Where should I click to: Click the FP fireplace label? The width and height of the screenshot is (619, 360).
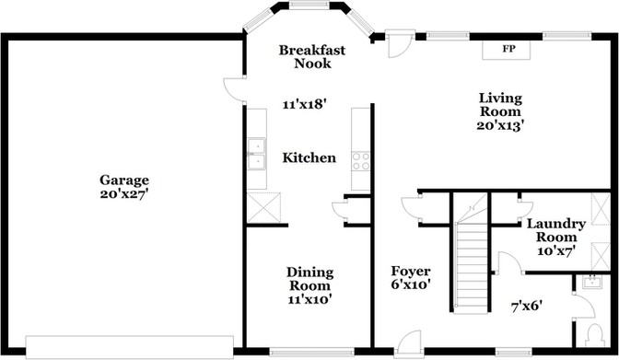508,49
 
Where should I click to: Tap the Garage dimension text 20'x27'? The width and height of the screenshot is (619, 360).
124,194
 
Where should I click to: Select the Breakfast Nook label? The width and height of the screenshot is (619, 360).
312,56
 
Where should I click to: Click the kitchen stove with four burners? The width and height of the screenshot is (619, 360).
361,161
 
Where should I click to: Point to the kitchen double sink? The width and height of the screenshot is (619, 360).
257,154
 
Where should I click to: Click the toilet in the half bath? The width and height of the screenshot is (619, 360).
594,335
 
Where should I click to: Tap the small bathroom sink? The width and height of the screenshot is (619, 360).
591,283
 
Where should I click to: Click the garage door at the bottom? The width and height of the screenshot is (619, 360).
130,342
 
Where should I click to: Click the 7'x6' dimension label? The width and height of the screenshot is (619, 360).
526,306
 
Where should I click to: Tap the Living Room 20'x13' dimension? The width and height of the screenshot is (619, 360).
500,125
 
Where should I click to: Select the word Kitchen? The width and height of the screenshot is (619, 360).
309,157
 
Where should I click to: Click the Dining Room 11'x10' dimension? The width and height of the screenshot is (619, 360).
309,299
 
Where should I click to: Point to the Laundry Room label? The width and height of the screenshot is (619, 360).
556,230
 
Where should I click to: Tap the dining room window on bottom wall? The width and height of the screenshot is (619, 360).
312,352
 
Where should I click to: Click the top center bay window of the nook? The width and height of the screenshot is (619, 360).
309,6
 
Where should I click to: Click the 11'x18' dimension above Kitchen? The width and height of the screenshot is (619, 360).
304,105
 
